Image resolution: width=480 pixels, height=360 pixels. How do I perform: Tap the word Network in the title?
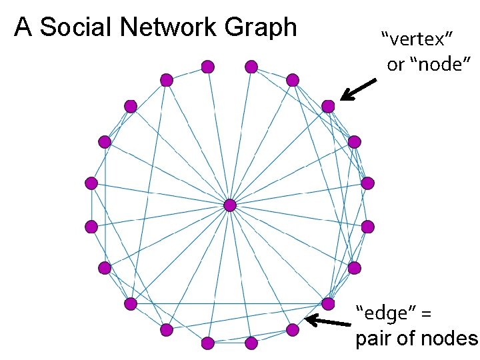171,27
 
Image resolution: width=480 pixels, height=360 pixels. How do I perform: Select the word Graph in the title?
261,27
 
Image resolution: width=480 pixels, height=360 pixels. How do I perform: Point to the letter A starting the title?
23,27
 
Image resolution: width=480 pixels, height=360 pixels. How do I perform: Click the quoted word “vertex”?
412,39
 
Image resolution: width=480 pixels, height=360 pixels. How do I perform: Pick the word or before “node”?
396,65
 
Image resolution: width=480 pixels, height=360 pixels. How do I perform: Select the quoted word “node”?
441,65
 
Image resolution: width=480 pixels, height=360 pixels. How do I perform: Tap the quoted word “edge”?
386,311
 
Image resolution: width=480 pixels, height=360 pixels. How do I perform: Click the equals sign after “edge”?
427,312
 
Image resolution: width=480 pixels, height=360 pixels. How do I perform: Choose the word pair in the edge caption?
371,339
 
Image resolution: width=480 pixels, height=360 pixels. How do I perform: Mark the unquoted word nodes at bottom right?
450,339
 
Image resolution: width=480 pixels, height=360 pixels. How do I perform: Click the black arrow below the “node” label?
358,89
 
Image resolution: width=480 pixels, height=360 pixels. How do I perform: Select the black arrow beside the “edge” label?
328,323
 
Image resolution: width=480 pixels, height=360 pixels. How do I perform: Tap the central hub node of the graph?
230,205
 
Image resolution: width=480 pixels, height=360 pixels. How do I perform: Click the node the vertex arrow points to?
328,106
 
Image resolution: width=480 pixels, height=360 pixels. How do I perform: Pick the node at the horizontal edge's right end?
328,304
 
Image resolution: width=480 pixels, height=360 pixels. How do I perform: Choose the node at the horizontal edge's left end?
131,304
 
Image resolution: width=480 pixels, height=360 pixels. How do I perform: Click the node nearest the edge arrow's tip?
292,329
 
